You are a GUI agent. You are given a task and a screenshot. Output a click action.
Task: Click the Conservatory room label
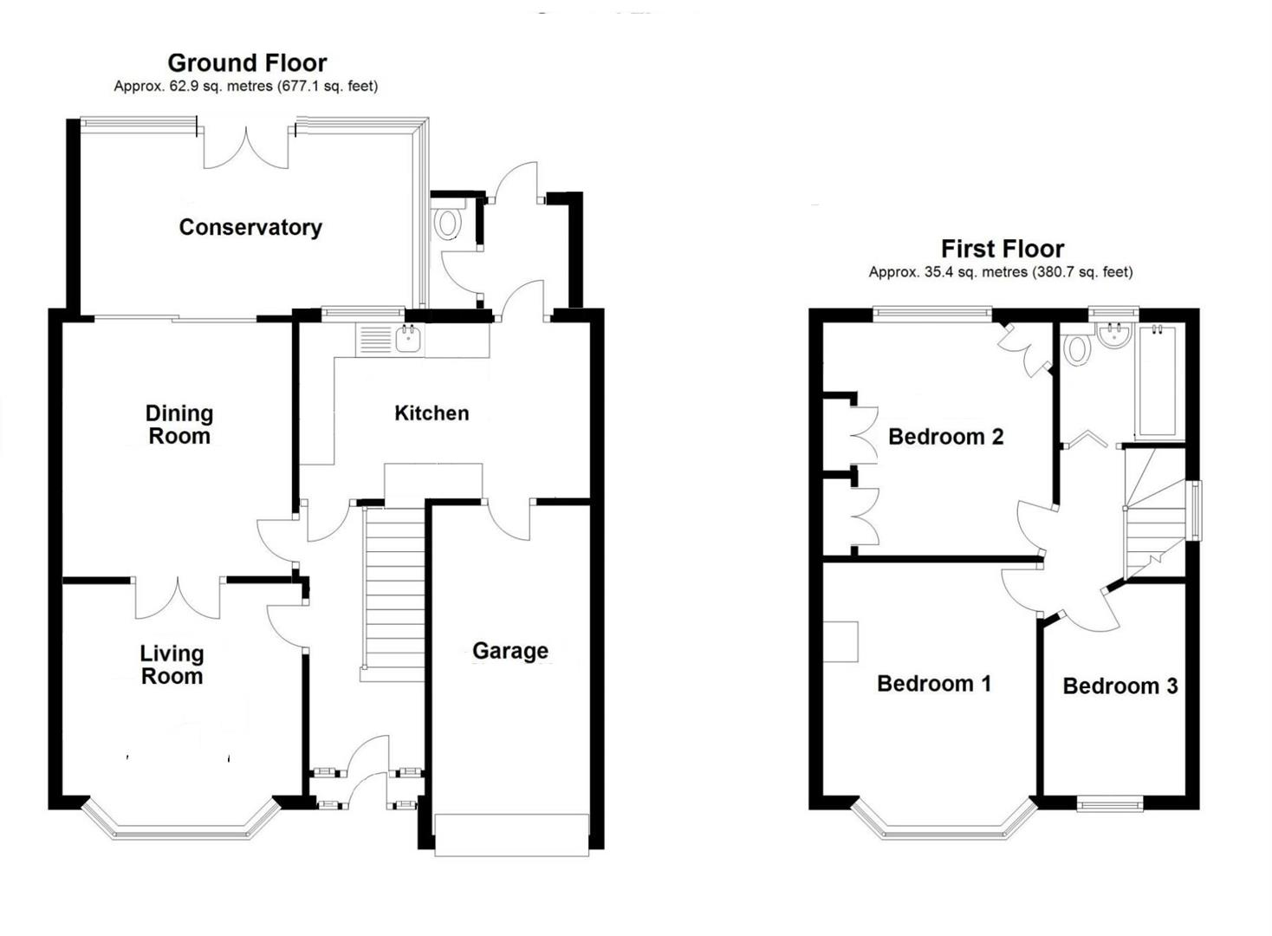pyautogui.click(x=250, y=228)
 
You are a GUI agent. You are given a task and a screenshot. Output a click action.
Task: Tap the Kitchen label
pyautogui.click(x=432, y=413)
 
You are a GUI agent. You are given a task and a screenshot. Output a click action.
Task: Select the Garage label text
pyautogui.click(x=510, y=651)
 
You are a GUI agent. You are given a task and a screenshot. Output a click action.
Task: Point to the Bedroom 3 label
pyautogui.click(x=1119, y=686)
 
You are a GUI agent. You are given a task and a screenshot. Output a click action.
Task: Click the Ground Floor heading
pyautogui.click(x=247, y=62)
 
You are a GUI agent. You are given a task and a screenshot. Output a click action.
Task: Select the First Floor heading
pyautogui.click(x=1003, y=249)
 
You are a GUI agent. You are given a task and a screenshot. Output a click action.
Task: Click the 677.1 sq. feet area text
pyautogui.click(x=328, y=87)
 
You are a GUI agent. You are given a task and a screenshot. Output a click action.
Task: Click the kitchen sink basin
pyautogui.click(x=408, y=341)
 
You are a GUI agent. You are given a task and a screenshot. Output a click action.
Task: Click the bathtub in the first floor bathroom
pyautogui.click(x=1160, y=382)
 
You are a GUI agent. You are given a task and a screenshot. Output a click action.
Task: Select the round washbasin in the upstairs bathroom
pyautogui.click(x=1114, y=335)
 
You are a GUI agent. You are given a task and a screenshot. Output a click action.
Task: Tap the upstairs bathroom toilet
pyautogui.click(x=1076, y=347)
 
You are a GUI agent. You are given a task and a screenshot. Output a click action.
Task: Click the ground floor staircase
pyautogui.click(x=393, y=594)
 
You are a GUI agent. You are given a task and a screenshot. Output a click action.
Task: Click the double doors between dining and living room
pyautogui.click(x=178, y=597)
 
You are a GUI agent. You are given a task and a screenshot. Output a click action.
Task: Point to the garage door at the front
pyautogui.click(x=511, y=835)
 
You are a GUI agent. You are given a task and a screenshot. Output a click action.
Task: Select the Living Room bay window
pyautogui.click(x=180, y=819)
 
